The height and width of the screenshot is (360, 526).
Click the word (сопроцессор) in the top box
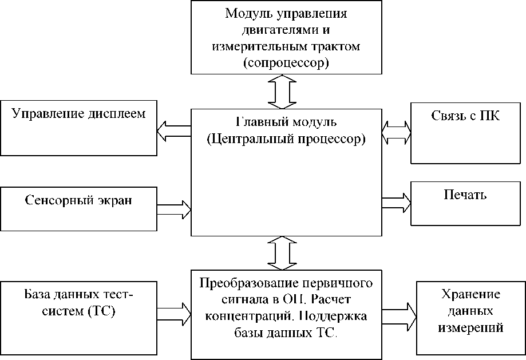(286, 62)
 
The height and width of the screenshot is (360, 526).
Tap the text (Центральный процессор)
(286, 139)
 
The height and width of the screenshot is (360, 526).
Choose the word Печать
(465, 195)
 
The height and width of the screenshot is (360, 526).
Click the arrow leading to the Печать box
(397, 202)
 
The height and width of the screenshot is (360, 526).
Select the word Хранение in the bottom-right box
(471, 295)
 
